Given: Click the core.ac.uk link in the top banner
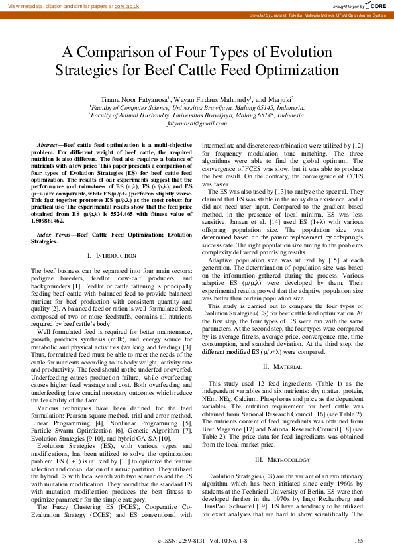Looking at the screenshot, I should tap(126, 5).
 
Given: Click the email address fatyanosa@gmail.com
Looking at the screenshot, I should tap(197, 123).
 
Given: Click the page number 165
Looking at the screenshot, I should tap(358, 541).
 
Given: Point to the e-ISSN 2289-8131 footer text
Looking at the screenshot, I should tap(181, 541).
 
